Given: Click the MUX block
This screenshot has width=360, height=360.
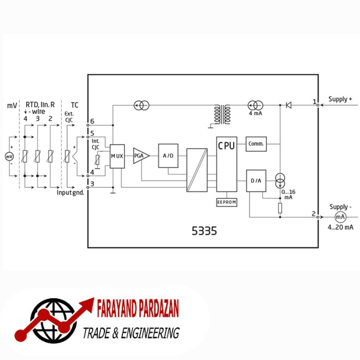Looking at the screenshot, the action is point(117,157).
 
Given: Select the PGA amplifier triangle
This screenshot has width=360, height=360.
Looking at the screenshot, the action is point(140,156).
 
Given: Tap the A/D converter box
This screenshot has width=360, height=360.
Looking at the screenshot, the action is point(168,155).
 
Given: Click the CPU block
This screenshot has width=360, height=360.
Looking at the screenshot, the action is point(227,164).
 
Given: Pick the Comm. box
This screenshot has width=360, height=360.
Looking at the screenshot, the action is point(256,144).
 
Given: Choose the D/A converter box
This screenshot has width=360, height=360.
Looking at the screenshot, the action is point(256,181).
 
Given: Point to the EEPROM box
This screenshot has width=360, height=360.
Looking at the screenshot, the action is point(227,202).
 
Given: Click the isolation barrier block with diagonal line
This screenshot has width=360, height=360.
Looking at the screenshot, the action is point(197,170).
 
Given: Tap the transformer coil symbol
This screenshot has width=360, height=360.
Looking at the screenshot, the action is point(222,115).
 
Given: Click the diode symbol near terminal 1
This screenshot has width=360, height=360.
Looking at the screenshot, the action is point(289,105).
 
